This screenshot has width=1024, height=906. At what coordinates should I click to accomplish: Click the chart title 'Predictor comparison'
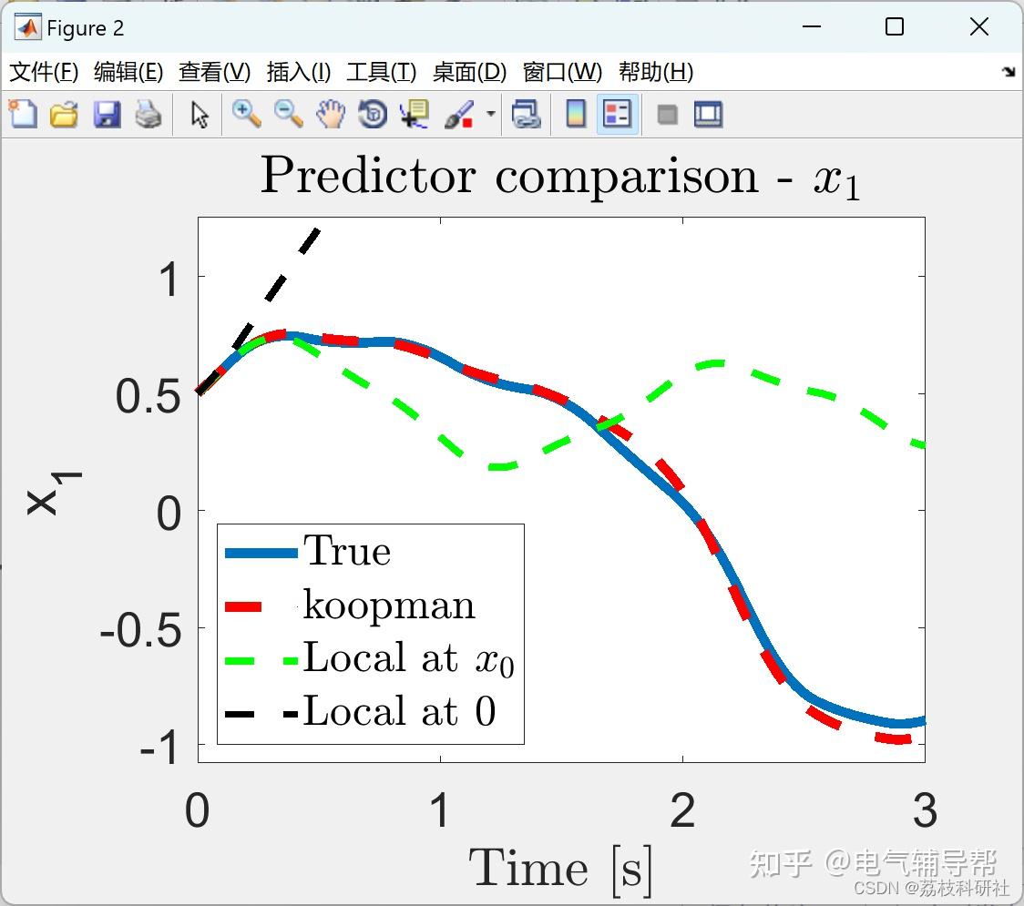(x=509, y=177)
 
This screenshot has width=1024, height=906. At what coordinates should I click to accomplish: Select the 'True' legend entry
(x=308, y=552)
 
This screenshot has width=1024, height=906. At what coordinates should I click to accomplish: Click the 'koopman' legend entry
(x=350, y=606)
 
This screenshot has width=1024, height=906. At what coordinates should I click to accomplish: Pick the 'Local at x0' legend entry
(x=369, y=659)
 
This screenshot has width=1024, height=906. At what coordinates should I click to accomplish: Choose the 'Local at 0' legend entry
(x=360, y=711)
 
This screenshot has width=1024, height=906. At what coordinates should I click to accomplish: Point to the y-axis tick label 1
(x=169, y=280)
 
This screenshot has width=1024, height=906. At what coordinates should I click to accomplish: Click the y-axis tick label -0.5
(x=140, y=631)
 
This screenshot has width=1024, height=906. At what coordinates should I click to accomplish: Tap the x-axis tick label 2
(x=682, y=810)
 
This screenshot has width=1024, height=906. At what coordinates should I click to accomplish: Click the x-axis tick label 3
(x=925, y=810)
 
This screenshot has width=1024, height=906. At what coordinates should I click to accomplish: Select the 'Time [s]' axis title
(x=560, y=870)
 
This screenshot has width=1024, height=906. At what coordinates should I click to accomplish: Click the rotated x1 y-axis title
(x=54, y=493)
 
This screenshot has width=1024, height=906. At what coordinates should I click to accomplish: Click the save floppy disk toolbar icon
(x=107, y=114)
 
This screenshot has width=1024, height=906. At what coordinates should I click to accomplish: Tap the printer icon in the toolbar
(x=148, y=114)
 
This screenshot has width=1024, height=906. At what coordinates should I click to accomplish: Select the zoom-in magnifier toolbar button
(x=247, y=114)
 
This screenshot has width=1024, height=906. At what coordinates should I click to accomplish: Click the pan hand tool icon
(x=331, y=114)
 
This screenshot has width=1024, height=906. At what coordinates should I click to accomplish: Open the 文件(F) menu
(x=44, y=71)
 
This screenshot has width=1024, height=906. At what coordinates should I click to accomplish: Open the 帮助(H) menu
(x=656, y=71)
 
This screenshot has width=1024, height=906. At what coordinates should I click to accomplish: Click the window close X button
(x=979, y=26)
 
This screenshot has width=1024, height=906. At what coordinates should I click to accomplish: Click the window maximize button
(x=895, y=26)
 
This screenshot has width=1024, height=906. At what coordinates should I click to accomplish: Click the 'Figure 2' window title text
(x=85, y=29)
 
